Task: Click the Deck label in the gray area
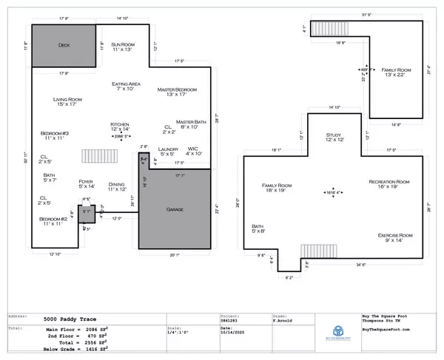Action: pyautogui.click(x=64, y=45)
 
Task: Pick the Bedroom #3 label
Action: pyautogui.click(x=55, y=135)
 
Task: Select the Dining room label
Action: pyautogui.click(x=116, y=186)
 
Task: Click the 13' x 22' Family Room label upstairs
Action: pyautogui.click(x=394, y=72)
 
